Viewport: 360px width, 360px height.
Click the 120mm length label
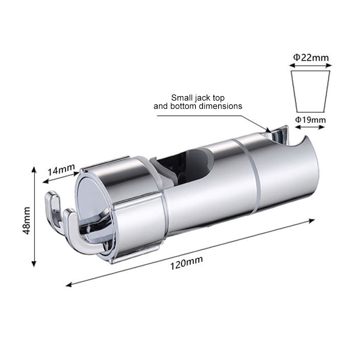[186, 263]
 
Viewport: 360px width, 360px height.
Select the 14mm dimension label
[61, 169]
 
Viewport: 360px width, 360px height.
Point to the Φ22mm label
[311, 57]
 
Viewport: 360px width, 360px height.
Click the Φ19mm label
[310, 120]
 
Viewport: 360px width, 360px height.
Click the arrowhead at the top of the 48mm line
[34, 170]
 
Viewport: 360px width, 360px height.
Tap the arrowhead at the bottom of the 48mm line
[34, 264]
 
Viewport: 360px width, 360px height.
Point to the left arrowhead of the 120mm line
[68, 285]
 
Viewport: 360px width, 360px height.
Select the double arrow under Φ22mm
[310, 66]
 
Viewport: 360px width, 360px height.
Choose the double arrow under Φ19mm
[310, 127]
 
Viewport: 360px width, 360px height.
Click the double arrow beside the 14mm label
[61, 177]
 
